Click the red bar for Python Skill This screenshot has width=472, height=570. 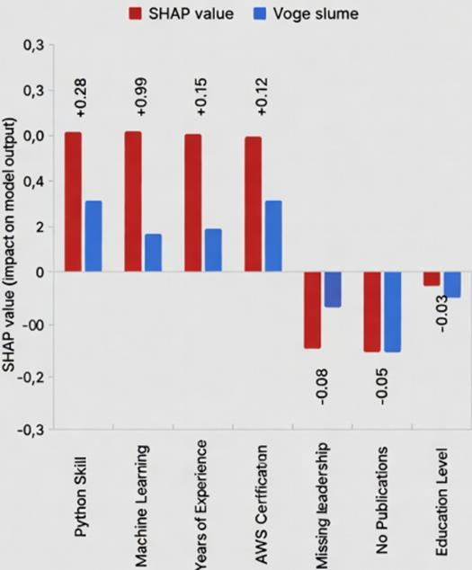(x=73, y=201)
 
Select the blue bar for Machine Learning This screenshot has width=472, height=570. (x=153, y=253)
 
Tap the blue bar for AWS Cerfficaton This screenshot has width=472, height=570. (x=273, y=236)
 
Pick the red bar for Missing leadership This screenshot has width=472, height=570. (x=313, y=310)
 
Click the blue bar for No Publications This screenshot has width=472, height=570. (x=393, y=312)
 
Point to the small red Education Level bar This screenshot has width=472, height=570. (x=432, y=279)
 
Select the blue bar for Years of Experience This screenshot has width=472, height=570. (x=213, y=250)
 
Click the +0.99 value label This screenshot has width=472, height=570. (x=142, y=97)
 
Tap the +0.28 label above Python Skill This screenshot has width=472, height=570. (x=81, y=98)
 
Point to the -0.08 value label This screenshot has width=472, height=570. (x=323, y=387)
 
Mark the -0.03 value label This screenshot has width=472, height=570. (x=441, y=314)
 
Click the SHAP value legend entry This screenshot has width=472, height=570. (x=181, y=13)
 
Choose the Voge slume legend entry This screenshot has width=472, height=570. (x=306, y=13)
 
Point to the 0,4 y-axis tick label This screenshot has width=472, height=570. (x=34, y=181)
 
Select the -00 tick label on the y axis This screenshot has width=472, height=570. (x=34, y=325)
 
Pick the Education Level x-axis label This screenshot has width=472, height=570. (x=441, y=502)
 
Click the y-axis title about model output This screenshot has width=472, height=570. (x=10, y=245)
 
